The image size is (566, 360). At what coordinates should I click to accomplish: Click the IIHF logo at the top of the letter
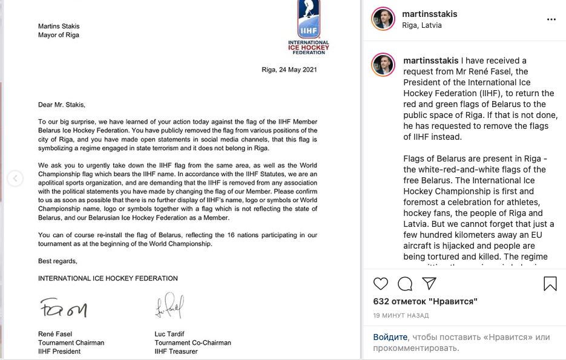coord(308,27)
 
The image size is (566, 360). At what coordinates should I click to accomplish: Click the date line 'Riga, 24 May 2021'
coord(289,70)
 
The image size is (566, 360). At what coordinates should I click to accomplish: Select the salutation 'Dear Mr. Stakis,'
coord(62,104)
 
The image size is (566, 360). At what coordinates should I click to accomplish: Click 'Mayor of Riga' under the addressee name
coord(59,35)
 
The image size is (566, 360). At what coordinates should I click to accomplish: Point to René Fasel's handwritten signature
coord(63,309)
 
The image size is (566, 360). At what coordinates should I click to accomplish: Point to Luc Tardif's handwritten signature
coord(169,306)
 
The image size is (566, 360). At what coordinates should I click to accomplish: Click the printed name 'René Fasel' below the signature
coord(55,333)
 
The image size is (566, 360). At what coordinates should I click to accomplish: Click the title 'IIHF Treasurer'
coord(176,352)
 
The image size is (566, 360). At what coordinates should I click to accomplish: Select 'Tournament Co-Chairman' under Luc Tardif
coord(193,342)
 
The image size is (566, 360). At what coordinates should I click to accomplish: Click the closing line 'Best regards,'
coord(58,261)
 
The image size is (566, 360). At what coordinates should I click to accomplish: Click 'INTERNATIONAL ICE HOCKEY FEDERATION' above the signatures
coord(108,278)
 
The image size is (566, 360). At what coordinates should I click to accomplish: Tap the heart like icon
coord(381,283)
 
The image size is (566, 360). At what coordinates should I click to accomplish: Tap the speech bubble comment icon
coord(405,283)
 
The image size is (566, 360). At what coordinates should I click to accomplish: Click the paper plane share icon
coord(429,283)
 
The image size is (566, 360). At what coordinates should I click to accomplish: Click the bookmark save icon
coord(550,283)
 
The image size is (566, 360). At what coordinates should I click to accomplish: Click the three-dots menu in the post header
coord(551,19)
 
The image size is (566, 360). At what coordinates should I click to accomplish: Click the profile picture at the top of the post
coord(383,19)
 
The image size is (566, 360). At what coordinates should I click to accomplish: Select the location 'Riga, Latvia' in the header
coord(422,25)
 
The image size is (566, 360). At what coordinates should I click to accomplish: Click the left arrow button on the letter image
coord(15,178)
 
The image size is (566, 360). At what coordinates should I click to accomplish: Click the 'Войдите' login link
coord(390,337)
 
